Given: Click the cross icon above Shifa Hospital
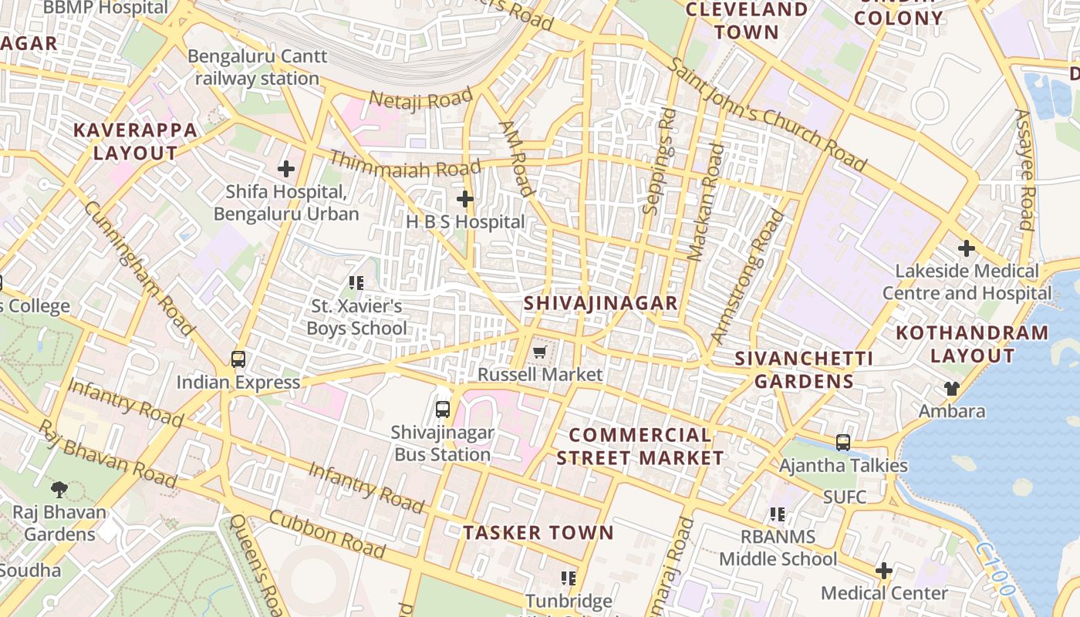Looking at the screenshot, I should coord(286,169).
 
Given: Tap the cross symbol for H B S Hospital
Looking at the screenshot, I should coord(464,200).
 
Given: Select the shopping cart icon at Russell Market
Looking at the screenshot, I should coord(539,352).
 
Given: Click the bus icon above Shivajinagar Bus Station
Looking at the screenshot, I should coord(443,410).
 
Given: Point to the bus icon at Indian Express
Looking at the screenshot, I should coord(238,359).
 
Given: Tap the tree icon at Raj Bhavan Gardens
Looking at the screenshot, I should coord(59,489).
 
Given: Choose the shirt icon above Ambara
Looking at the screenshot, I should coord(951,389).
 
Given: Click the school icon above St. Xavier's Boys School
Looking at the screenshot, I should coord(356,283).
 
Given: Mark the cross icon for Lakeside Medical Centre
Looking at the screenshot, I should coord(966,248).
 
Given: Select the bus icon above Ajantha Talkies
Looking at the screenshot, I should coord(843,443).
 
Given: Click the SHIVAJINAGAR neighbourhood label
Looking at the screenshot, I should coord(601,303).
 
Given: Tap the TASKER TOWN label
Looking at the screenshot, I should coord(538,533).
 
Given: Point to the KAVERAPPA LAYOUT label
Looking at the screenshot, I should coord(135,141).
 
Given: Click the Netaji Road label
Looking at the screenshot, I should coord(420,99).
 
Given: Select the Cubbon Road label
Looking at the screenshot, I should coord(328,532).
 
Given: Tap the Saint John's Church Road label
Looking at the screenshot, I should coord(768,115).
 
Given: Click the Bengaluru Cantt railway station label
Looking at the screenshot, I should coord(258,68).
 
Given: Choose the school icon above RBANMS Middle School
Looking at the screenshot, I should coord(778,514).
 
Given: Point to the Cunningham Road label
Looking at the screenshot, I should coord(140,269).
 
